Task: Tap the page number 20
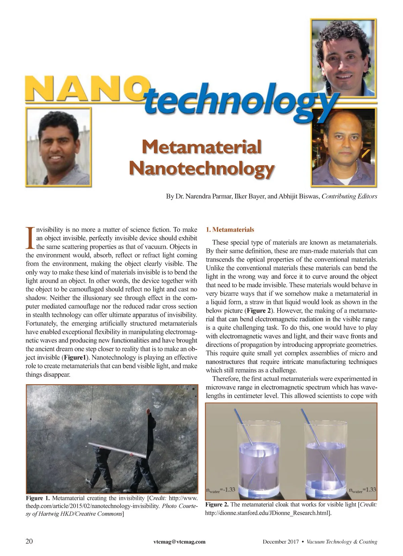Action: point(29,541)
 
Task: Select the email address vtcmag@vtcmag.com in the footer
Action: point(179,542)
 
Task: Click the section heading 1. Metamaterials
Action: point(230,230)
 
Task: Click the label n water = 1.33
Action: point(362,490)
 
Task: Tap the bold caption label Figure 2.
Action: point(217,505)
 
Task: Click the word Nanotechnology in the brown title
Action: point(202,168)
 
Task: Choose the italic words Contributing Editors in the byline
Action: point(349,196)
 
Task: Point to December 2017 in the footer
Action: point(280,542)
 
